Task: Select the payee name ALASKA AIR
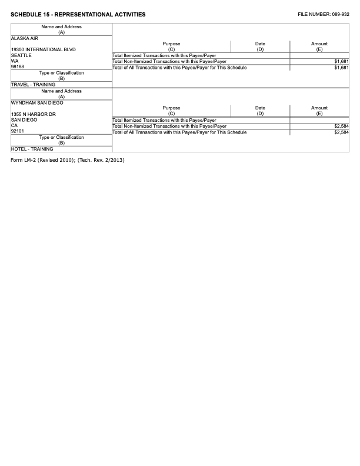25,38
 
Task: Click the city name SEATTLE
21,55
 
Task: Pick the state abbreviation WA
15,61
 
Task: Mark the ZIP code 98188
18,67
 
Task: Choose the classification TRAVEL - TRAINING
33,85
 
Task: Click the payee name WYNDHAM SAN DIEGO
37,102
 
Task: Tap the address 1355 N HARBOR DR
33,114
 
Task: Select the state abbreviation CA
15,125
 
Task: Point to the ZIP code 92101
18,131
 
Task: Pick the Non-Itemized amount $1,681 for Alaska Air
341,62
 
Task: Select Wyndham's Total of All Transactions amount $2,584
341,132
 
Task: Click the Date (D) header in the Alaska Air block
260,46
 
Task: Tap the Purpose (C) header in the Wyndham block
171,111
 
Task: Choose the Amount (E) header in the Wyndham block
319,111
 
